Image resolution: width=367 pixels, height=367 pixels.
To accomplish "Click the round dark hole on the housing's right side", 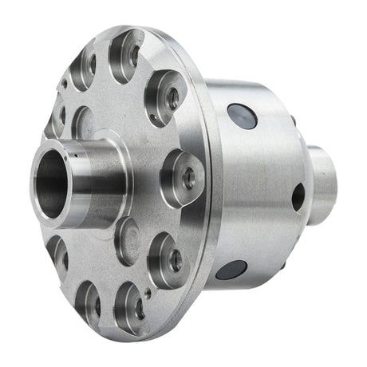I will pyautogui.click(x=298, y=196).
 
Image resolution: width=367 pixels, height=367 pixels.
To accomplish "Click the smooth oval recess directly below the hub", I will pyautogui.click(x=127, y=240).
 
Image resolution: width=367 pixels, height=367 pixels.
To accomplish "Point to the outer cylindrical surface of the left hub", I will pyautogui.click(x=100, y=172).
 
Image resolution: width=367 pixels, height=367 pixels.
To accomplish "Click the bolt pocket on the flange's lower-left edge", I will pyautogui.click(x=58, y=253).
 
